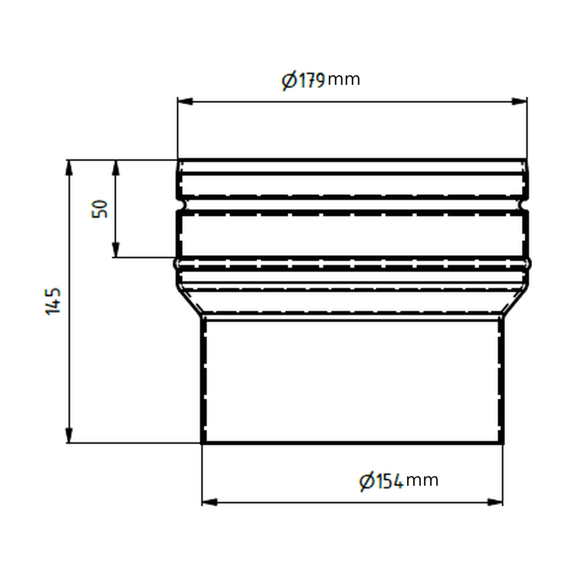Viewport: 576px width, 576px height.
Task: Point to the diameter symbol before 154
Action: coord(367,482)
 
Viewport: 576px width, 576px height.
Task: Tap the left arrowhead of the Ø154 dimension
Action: coord(210,502)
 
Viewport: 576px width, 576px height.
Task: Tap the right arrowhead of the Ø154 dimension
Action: coord(495,502)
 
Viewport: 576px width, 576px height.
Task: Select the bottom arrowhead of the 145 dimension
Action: coord(69,435)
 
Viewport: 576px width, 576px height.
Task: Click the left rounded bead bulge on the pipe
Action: coord(176,264)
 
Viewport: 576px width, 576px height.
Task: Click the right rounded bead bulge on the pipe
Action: coord(529,264)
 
